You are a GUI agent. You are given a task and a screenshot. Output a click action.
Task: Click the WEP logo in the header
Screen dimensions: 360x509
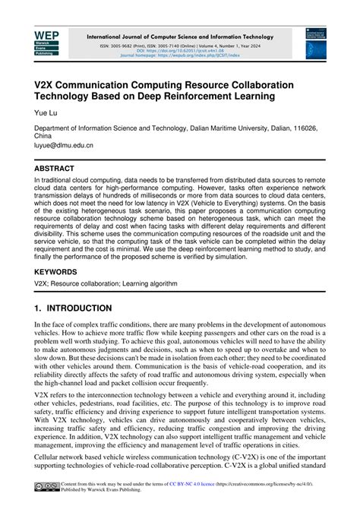(x=46, y=44)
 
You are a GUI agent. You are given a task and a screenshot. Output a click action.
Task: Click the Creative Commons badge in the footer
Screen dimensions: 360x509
(x=45, y=485)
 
